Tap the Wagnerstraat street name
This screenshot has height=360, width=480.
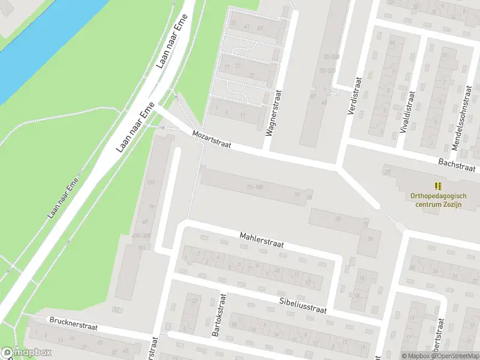(x=273, y=112)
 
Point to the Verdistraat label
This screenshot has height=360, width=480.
(x=355, y=95)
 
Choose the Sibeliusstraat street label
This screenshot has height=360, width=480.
(x=302, y=305)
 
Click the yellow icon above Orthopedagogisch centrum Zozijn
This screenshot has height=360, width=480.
(x=439, y=186)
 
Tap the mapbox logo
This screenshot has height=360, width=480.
(x=26, y=353)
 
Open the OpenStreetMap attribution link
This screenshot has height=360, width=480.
(x=459, y=356)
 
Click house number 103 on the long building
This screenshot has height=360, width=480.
(x=150, y=182)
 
